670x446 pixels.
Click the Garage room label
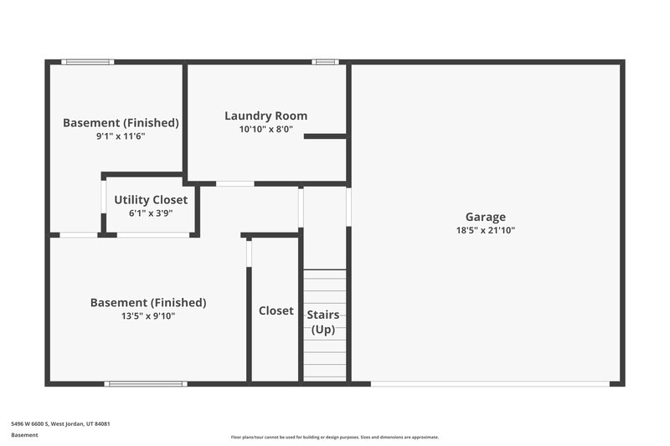coord(485,217)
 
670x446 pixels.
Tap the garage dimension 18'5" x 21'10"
coord(485,229)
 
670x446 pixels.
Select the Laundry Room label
coord(265,116)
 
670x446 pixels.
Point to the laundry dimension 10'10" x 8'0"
coord(265,130)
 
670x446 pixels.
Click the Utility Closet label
coord(151,200)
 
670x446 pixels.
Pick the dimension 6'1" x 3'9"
coord(151,213)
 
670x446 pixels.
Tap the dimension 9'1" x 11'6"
coord(121,136)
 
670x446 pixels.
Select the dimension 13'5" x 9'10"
coord(148,315)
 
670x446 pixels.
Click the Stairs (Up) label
coord(323,322)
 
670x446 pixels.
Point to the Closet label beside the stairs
coord(276,310)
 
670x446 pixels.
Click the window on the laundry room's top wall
coord(325,61)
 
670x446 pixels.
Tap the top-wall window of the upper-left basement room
coord(88,61)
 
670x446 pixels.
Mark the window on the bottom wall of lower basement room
coord(146,384)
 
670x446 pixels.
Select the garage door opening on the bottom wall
coord(490,384)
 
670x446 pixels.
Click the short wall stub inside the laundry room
coord(325,136)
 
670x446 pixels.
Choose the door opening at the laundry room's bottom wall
coord(235,183)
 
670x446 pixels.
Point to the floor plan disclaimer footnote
coord(334,437)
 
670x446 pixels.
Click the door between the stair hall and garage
coord(348,206)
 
